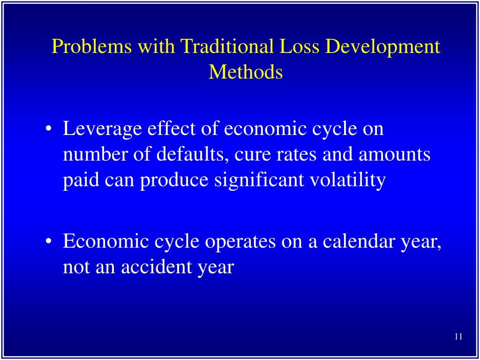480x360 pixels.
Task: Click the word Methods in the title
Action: tap(246, 72)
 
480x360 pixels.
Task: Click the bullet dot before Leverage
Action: tap(49, 130)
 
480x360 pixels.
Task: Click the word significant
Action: tap(254, 180)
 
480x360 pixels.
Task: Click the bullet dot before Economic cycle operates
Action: tap(49, 242)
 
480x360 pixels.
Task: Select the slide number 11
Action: tap(458, 337)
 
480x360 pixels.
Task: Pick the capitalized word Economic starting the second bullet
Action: tap(106, 241)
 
